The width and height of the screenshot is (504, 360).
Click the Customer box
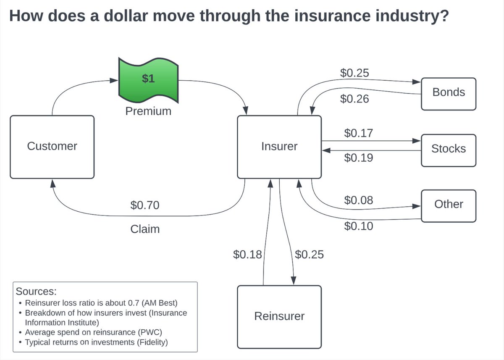pyautogui.click(x=52, y=147)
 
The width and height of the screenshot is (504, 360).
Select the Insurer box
pyautogui.click(x=279, y=147)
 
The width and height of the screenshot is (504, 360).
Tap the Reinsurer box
pyautogui.click(x=279, y=316)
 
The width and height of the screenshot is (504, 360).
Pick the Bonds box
pyautogui.click(x=449, y=93)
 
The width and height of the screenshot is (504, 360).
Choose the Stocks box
pyautogui.click(x=449, y=149)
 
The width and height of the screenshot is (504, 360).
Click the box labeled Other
pyautogui.click(x=449, y=205)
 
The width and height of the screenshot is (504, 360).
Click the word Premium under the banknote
pyautogui.click(x=148, y=111)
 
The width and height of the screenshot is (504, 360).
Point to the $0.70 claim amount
pyautogui.click(x=145, y=205)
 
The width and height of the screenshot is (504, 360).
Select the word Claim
pyautogui.click(x=145, y=229)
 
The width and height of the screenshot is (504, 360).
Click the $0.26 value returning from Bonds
pyautogui.click(x=354, y=99)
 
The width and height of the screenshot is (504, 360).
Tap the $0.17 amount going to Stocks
pyautogui.click(x=358, y=134)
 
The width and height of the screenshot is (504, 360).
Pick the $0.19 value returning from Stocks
pyautogui.click(x=358, y=158)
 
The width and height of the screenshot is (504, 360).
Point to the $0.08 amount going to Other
pyautogui.click(x=358, y=200)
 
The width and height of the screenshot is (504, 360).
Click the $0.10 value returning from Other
pyautogui.click(x=358, y=226)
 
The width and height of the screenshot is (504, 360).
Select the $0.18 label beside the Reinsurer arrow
pyautogui.click(x=247, y=255)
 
